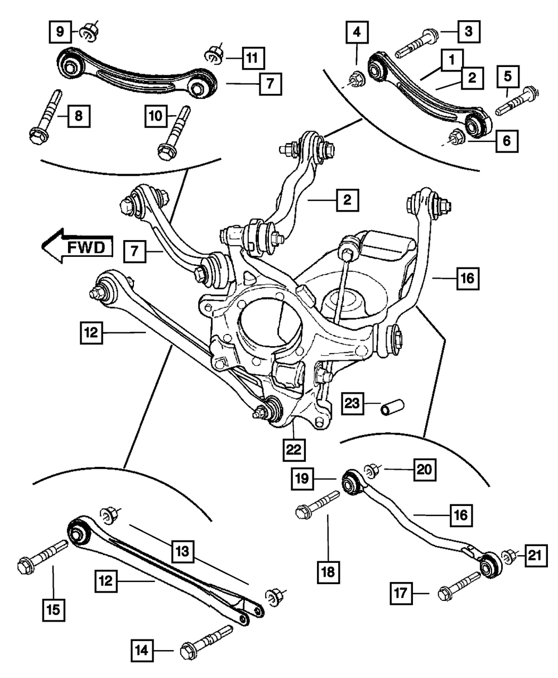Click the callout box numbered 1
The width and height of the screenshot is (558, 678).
click(x=451, y=60)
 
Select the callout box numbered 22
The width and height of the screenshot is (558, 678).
click(x=294, y=450)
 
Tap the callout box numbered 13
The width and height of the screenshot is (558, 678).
click(x=182, y=551)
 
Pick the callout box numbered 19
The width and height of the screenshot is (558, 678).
click(x=302, y=478)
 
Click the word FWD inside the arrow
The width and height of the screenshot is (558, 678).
click(x=86, y=248)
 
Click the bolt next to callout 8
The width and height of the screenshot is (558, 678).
click(x=46, y=117)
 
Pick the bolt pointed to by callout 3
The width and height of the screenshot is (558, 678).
click(x=417, y=43)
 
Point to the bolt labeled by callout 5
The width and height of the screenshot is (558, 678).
click(x=517, y=101)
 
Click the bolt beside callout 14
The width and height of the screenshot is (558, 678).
click(x=206, y=641)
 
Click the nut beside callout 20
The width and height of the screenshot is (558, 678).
click(x=373, y=471)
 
